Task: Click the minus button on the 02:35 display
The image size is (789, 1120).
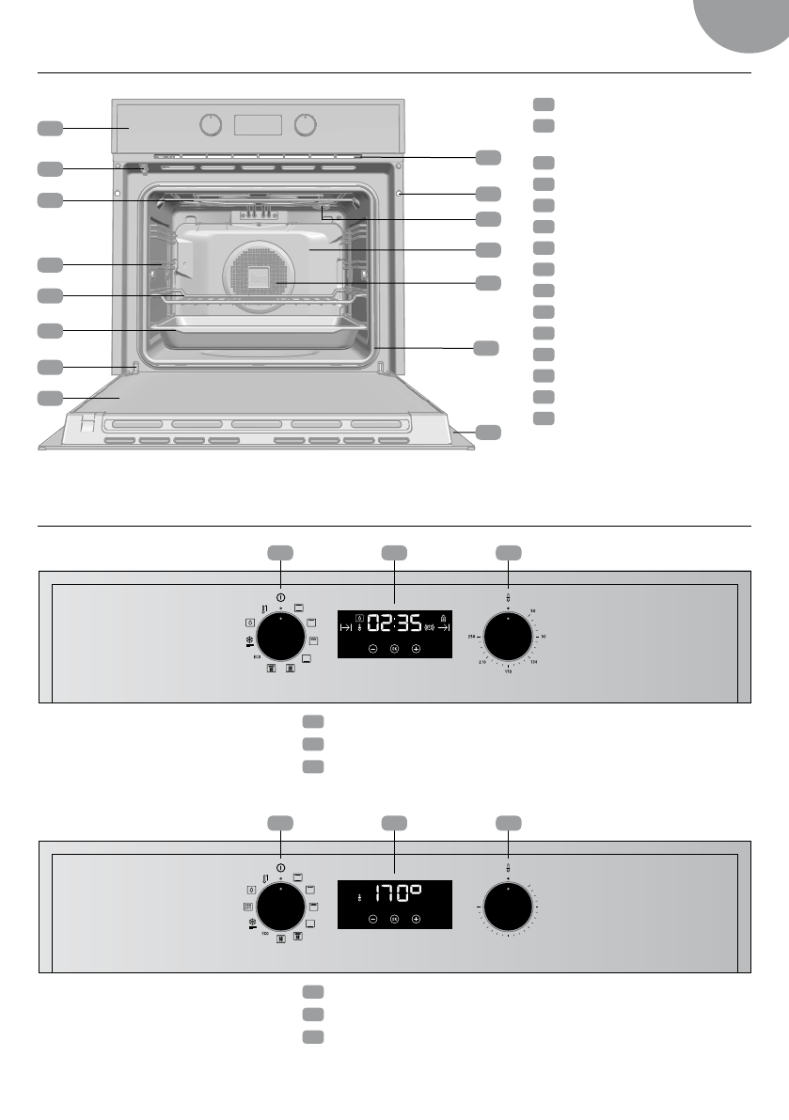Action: [372, 649]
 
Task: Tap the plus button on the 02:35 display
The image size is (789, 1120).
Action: [416, 649]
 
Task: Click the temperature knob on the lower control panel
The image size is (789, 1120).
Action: [508, 908]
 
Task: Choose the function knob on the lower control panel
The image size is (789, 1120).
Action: [281, 908]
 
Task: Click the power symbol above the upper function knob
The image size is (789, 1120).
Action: [281, 596]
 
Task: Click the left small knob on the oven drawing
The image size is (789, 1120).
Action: [213, 125]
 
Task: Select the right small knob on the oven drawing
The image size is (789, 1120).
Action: [305, 125]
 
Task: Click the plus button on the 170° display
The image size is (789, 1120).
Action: [416, 918]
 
